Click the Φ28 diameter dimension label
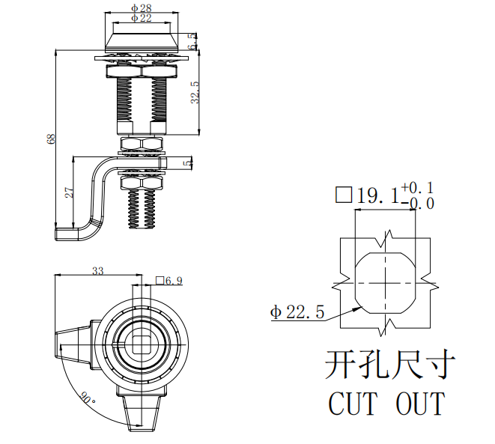pyautogui.click(x=142, y=7)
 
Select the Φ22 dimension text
pyautogui.click(x=142, y=18)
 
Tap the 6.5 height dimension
pyautogui.click(x=193, y=41)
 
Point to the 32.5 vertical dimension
pyautogui.click(x=195, y=92)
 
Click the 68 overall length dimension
pyautogui.click(x=51, y=139)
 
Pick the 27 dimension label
pyautogui.click(x=69, y=192)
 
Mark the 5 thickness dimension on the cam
pyautogui.click(x=188, y=162)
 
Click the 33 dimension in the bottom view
pyautogui.click(x=98, y=271)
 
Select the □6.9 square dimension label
pyautogui.click(x=169, y=281)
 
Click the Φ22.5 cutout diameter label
pyautogui.click(x=297, y=312)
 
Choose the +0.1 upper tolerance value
pyautogui.click(x=417, y=188)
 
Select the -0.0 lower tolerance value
pyautogui.click(x=418, y=204)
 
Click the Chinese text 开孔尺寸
pyautogui.click(x=390, y=364)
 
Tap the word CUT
pyautogui.click(x=353, y=404)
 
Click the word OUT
pyautogui.click(x=421, y=404)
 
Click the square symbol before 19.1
pyautogui.click(x=344, y=195)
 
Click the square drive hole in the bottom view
pyautogui.click(x=140, y=344)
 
